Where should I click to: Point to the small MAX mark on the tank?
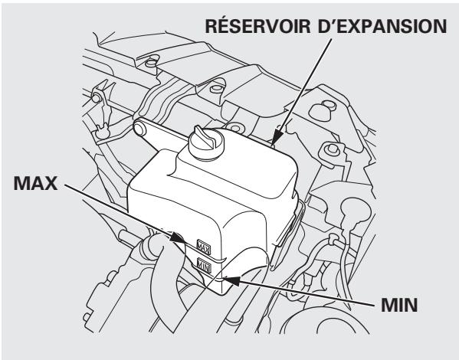204,247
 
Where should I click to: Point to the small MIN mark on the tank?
205,267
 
